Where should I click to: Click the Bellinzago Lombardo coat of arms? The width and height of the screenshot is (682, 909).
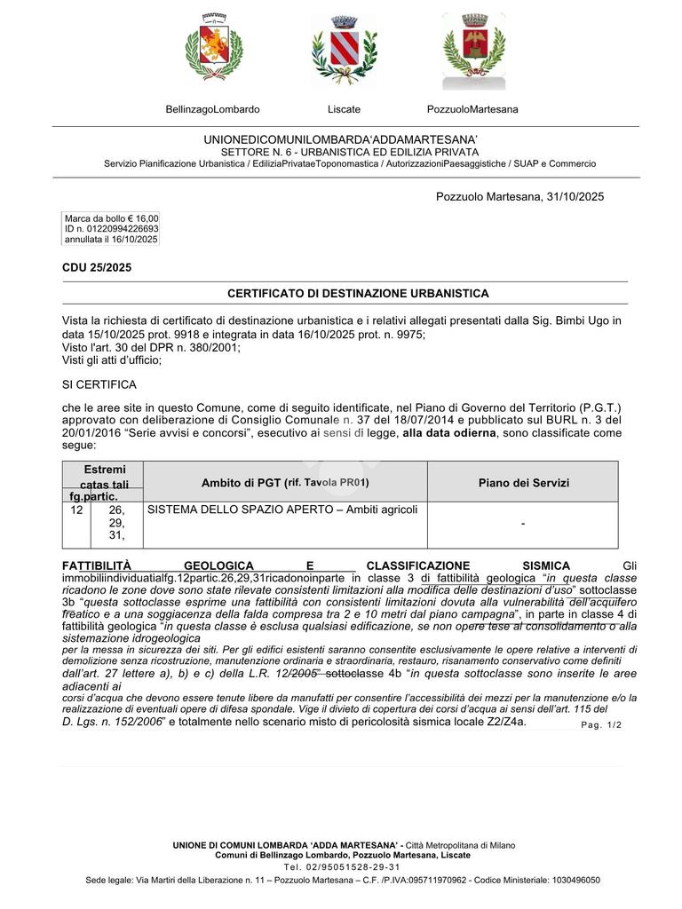pyautogui.click(x=214, y=51)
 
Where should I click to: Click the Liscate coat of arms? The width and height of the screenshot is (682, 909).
pyautogui.click(x=344, y=51)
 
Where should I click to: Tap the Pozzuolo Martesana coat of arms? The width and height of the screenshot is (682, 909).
pyautogui.click(x=473, y=51)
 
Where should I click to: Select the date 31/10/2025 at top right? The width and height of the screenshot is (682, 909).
pyautogui.click(x=572, y=196)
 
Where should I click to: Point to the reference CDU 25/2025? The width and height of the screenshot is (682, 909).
pyautogui.click(x=96, y=267)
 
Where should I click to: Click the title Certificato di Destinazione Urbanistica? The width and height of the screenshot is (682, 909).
pyautogui.click(x=358, y=293)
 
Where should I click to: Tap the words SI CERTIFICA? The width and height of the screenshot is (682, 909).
pyautogui.click(x=99, y=384)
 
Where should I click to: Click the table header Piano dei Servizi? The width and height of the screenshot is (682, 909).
pyautogui.click(x=523, y=483)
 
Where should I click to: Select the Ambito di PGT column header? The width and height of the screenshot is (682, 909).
pyautogui.click(x=285, y=483)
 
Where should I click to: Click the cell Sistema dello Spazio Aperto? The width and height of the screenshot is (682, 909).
pyautogui.click(x=282, y=510)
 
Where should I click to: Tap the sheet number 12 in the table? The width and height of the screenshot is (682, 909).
pyautogui.click(x=76, y=510)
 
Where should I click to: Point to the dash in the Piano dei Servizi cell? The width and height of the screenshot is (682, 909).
pyautogui.click(x=523, y=525)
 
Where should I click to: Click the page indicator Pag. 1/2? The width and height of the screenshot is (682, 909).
pyautogui.click(x=601, y=725)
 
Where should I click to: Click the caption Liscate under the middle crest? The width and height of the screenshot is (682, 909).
pyautogui.click(x=344, y=109)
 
